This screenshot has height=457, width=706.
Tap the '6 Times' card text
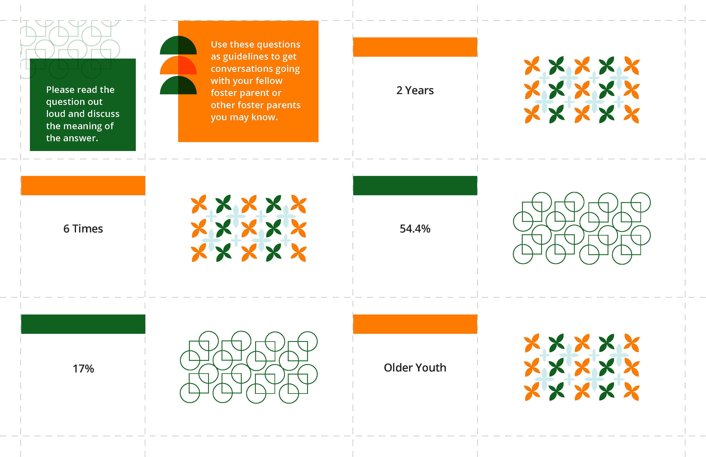point(83,229)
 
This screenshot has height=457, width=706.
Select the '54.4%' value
point(415,229)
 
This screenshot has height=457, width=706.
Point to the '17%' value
point(83,369)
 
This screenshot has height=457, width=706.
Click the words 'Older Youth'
point(415,368)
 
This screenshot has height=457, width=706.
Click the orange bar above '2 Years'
point(415,47)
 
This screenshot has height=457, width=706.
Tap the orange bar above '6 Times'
point(83,186)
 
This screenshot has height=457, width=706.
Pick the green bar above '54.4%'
point(415,186)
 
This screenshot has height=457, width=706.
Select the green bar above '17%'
point(83,324)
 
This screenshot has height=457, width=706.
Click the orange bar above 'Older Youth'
point(415,324)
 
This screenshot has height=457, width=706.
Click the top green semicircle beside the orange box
point(178,45)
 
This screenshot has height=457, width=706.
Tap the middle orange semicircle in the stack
point(178,65)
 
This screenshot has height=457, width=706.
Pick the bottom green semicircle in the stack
point(178,85)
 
